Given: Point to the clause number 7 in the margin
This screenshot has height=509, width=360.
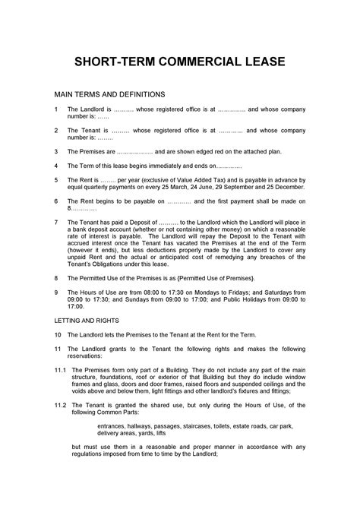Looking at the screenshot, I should click(56, 223).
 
